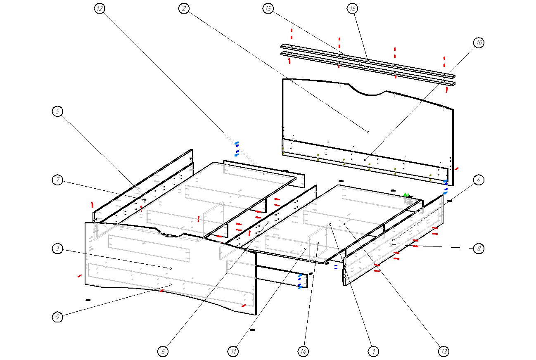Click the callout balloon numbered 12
[x=99, y=8]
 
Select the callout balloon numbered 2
[x=184, y=8]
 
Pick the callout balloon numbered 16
[x=353, y=8]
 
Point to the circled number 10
[x=479, y=43]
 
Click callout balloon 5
[x=58, y=111]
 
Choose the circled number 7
[x=58, y=180]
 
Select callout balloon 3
[x=58, y=249]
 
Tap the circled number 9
[x=58, y=317]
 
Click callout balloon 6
[x=163, y=351]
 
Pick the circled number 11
[x=233, y=351]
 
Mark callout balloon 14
[x=304, y=351]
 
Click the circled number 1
[x=374, y=351]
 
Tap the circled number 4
[x=479, y=180]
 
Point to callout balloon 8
[x=479, y=249]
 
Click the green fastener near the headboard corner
[x=406, y=195]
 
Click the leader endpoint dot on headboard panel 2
[x=368, y=132]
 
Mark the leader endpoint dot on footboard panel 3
[x=171, y=268]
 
